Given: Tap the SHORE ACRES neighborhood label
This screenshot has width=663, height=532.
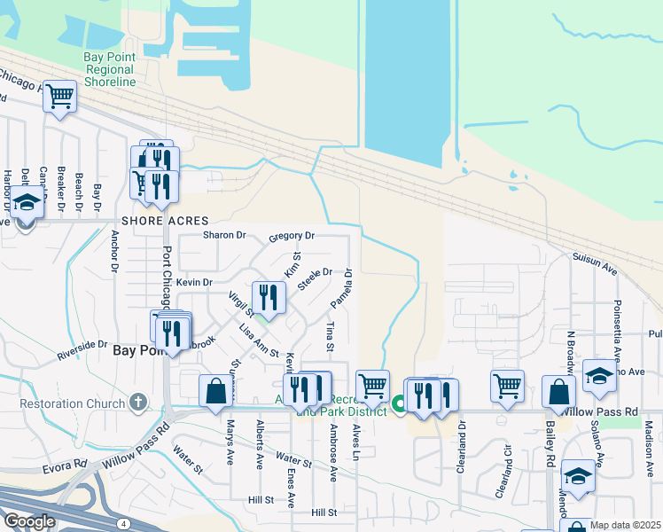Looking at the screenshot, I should (165, 221).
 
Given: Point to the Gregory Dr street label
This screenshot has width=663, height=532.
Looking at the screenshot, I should (292, 237).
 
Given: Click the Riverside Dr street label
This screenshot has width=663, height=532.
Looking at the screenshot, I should (82, 349).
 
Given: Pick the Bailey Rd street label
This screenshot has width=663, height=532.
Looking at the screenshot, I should (550, 450).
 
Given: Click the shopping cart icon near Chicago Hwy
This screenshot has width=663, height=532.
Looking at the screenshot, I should (59, 95).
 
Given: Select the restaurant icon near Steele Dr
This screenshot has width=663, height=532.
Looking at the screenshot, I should (268, 296).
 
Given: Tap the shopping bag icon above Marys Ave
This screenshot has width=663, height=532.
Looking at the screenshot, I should (215, 391).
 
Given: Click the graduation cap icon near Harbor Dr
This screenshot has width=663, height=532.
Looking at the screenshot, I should (27, 203).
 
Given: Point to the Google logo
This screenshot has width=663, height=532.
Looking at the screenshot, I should (28, 521).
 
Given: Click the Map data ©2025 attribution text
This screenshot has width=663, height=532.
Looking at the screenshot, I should (625, 525).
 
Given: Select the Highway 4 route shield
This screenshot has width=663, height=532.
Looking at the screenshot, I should (125, 525).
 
